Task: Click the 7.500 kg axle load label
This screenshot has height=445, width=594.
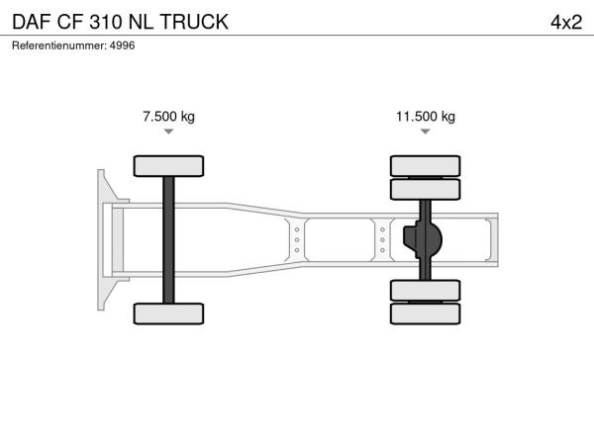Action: pyautogui.click(x=168, y=116)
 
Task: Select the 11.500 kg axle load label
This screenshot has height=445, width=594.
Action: pyautogui.click(x=426, y=116)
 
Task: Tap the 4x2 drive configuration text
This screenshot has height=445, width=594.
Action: pyautogui.click(x=566, y=22)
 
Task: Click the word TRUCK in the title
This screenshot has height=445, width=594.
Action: pyautogui.click(x=194, y=22)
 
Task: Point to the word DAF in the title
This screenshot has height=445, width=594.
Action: pyautogui.click(x=32, y=22)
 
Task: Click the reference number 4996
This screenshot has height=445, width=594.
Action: pyautogui.click(x=122, y=45)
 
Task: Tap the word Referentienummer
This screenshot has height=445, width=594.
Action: pyautogui.click(x=59, y=45)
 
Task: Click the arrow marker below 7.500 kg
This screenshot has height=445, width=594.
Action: pyautogui.click(x=168, y=132)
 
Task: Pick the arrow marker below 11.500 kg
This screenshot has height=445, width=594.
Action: pyautogui.click(x=426, y=132)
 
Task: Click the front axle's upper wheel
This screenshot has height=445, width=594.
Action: pyautogui.click(x=168, y=166)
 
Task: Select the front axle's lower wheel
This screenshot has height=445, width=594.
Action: pyautogui.click(x=168, y=313)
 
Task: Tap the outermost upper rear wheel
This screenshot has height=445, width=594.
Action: pyautogui.click(x=426, y=166)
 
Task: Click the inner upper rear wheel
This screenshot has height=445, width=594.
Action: pyautogui.click(x=426, y=189)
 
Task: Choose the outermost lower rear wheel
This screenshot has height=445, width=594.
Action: pyautogui.click(x=426, y=313)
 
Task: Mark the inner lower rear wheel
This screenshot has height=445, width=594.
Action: pyautogui.click(x=426, y=290)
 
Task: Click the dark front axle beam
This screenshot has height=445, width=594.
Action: pyautogui.click(x=168, y=240)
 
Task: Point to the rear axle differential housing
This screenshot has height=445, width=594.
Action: pyautogui.click(x=423, y=240)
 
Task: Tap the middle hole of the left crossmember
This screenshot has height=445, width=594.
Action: pyautogui.click(x=297, y=240)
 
